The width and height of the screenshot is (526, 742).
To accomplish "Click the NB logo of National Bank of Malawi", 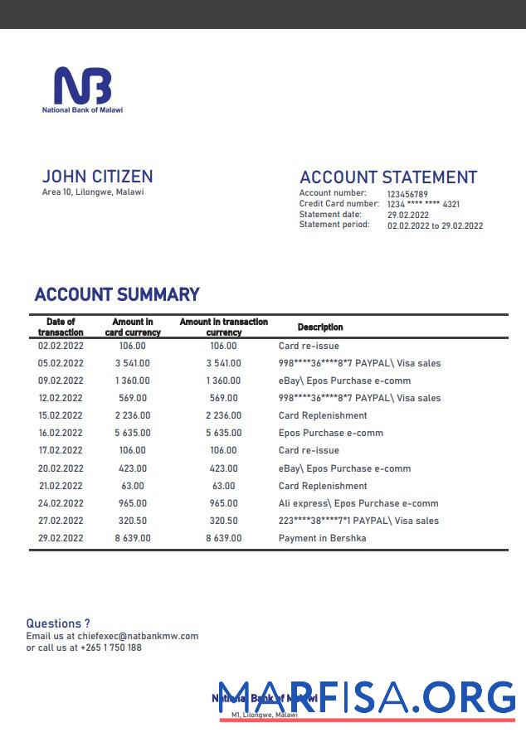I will (82, 86).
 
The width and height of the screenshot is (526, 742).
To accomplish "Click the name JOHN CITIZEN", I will (97, 177).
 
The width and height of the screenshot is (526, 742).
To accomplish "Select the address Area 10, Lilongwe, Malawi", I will (93, 192).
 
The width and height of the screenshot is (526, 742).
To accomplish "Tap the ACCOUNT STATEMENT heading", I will (387, 177).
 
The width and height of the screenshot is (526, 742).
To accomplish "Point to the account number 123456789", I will (407, 194).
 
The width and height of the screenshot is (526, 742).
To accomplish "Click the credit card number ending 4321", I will (423, 204).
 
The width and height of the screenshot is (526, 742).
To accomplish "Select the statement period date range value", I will (435, 226).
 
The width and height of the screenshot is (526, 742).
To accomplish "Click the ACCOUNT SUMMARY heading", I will (117, 294).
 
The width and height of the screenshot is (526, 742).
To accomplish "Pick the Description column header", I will (320, 327).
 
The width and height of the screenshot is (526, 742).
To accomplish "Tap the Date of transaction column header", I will (61, 327).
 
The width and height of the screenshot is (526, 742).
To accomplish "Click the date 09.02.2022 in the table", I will (61, 381).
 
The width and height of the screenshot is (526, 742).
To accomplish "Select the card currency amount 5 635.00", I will (133, 434).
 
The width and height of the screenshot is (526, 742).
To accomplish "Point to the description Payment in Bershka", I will (322, 538).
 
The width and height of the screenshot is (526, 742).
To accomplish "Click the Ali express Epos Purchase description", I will (358, 503).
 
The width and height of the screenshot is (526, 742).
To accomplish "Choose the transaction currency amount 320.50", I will (223, 521).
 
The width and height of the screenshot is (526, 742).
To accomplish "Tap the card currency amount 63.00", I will (132, 486).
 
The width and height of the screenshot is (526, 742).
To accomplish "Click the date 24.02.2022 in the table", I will (61, 503).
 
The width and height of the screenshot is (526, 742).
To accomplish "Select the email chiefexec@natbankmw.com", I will (144, 636).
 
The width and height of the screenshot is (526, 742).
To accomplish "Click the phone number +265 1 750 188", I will (111, 647).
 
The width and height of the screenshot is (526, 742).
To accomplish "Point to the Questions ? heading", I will (58, 623).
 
